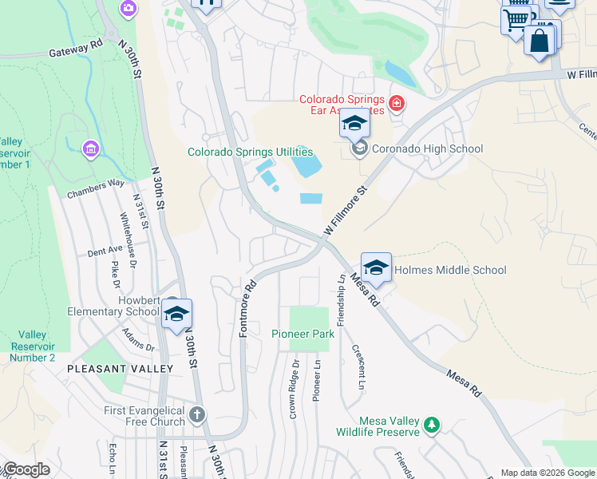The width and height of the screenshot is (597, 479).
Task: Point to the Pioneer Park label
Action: (302, 334)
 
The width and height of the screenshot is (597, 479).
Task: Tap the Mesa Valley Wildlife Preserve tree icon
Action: (432, 426)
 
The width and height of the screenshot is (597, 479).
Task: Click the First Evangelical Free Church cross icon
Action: (197, 415)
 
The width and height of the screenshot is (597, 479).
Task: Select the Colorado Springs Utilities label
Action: (250, 152)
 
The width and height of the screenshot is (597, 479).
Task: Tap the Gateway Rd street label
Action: (76, 49)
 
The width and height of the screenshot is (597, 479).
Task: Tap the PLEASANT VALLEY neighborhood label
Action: (120, 369)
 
